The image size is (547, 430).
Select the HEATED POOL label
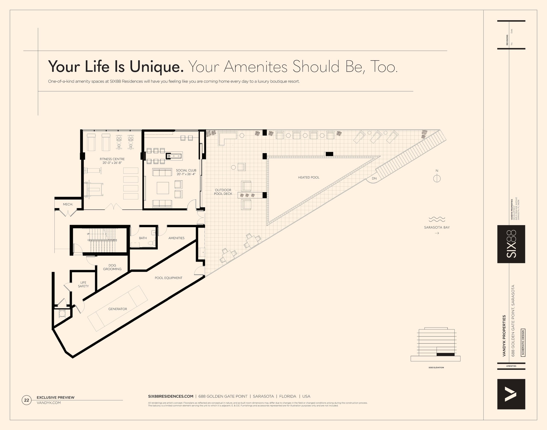tap(309, 177)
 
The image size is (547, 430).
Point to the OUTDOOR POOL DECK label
tap(223, 192)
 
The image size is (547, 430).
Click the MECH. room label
tap(68, 204)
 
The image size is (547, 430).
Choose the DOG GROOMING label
tap(112, 267)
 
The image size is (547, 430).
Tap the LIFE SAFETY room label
tap(83, 284)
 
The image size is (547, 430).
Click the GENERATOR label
tap(118, 309)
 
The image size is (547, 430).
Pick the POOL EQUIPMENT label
tap(168, 278)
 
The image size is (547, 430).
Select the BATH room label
tap(143, 238)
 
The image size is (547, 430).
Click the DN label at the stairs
tap(374, 179)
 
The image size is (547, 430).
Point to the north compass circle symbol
tap(437, 179)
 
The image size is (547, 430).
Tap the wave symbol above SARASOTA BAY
tap(437, 219)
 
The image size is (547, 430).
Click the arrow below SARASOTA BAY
tap(437, 233)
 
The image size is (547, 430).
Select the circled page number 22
tap(26, 400)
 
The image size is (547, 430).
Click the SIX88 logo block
tap(511, 244)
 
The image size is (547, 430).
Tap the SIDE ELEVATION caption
tap(436, 368)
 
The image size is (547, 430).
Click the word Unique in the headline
tap(156, 67)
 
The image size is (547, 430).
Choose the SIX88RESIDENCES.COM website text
tap(171, 396)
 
